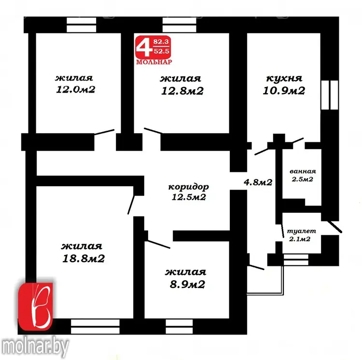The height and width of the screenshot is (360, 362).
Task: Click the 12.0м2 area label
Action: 75,90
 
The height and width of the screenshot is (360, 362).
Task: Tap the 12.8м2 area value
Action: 182,91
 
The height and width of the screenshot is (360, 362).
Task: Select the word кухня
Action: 284,78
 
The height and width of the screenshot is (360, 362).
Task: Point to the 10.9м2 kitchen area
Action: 284,90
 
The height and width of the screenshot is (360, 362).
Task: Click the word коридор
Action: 188,187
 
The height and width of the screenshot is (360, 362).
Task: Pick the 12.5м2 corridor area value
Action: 189,197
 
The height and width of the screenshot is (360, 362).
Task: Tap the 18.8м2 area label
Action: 84,258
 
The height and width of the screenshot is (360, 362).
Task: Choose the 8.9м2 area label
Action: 187,284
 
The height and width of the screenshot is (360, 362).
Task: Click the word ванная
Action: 303,171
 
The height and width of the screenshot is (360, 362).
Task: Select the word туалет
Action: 301,231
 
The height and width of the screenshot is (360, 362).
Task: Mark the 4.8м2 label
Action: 258,182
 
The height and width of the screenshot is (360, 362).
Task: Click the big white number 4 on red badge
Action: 144,48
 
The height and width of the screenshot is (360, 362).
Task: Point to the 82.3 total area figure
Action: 161,42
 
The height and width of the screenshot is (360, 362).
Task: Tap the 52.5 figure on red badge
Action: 161,51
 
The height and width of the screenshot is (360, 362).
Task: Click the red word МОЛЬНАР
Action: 154,62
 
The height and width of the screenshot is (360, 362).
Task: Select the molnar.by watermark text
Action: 35,346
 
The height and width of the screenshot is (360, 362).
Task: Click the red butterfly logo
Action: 36,306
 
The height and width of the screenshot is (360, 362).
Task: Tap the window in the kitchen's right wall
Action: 330,95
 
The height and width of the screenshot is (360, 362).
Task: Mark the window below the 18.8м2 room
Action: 95,327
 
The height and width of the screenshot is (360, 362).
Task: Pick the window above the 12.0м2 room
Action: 81,25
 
